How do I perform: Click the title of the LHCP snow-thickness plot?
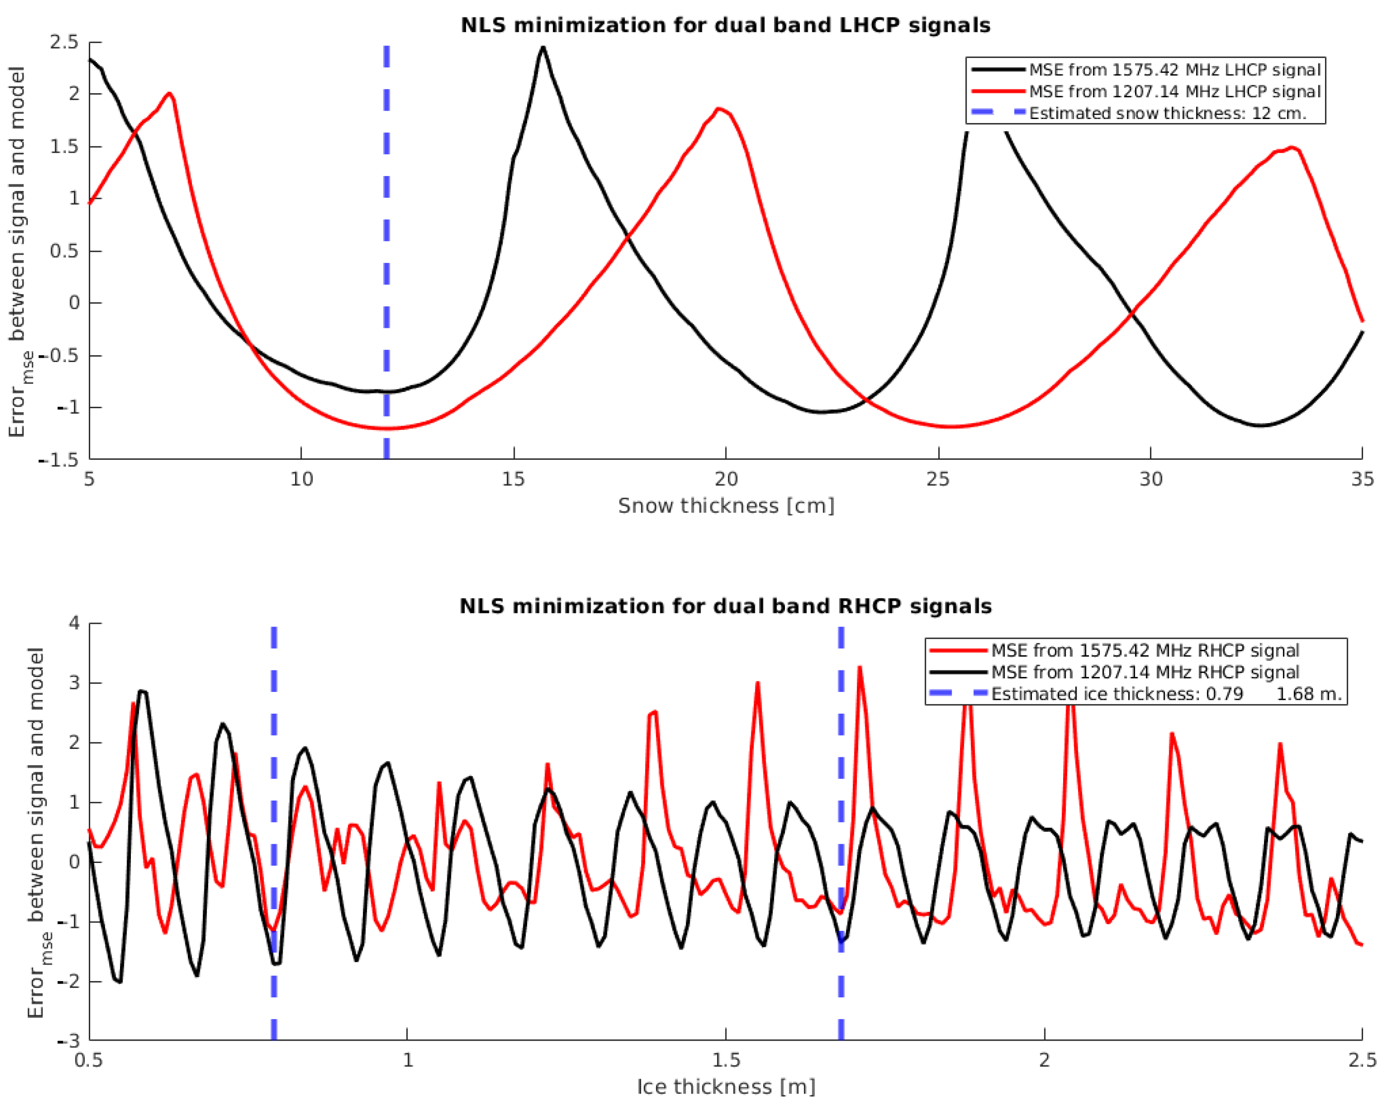pos(725,26)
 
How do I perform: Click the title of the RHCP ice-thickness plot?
pos(725,606)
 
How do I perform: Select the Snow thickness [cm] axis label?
pos(726,506)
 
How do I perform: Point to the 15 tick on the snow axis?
pos(514,479)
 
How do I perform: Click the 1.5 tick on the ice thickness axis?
pos(726,1059)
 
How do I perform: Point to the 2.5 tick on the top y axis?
pos(63,42)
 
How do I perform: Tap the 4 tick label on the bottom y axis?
pos(74,623)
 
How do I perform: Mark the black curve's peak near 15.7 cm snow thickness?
pos(543,48)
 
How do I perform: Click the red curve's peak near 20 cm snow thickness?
pos(719,109)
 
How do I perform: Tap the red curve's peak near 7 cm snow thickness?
pos(170,94)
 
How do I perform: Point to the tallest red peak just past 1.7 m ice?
pos(859,668)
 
